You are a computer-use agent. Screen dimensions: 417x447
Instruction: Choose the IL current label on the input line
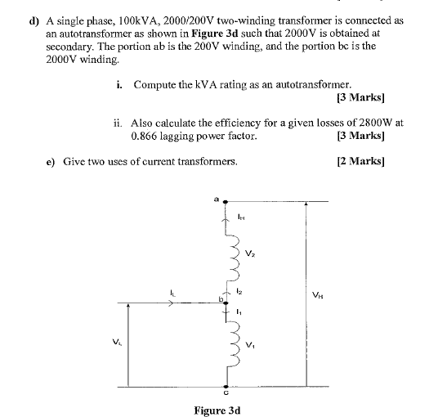(172, 292)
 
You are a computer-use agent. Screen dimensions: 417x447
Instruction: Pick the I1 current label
(239, 312)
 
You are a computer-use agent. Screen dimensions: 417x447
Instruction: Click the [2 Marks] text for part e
(360, 161)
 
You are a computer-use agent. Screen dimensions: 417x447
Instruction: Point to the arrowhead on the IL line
(171, 303)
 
